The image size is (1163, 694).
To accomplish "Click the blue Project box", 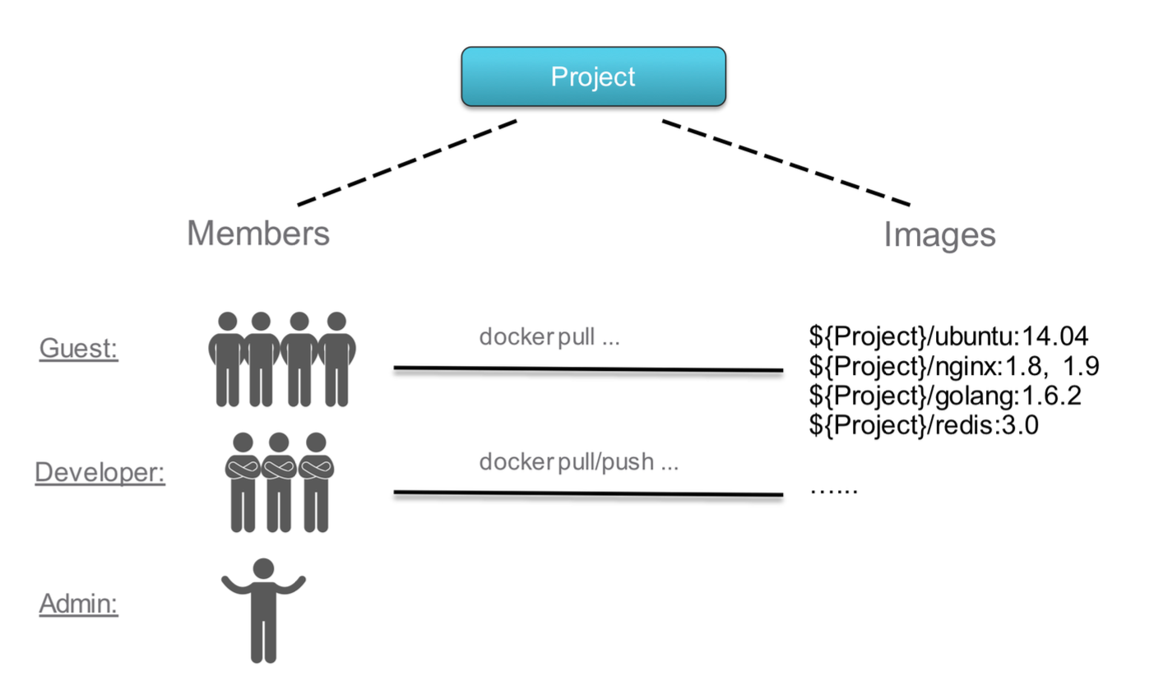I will [593, 76].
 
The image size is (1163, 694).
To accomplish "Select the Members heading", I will [258, 234].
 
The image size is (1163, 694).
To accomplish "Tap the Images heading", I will [939, 235].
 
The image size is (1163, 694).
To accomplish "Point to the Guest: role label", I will [79, 349].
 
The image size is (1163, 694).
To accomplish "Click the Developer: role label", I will [100, 472].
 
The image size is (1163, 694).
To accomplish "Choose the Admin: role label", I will [79, 604].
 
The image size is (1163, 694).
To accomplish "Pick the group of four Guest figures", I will [281, 359].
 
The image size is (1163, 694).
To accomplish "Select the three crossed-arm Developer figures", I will [279, 482].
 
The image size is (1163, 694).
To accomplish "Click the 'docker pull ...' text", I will [549, 337].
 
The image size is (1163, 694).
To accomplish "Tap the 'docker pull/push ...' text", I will [578, 462].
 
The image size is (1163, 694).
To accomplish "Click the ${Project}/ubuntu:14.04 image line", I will [948, 335].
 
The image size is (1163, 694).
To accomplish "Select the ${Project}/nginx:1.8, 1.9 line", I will [953, 366].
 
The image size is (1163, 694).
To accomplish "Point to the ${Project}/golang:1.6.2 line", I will [944, 396].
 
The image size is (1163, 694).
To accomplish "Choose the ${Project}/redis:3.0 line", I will [923, 425].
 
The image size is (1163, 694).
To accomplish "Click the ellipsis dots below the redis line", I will [833, 491].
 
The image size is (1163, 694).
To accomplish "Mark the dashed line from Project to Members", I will [407, 162].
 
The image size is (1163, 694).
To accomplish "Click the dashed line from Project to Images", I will [786, 163].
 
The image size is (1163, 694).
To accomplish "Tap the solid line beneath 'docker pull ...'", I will [588, 369].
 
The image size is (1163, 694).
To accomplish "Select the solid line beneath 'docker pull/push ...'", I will [588, 493].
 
